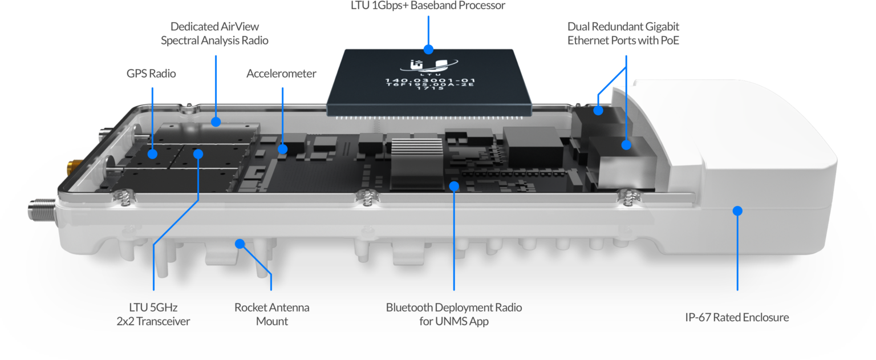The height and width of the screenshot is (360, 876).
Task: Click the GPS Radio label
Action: [x=151, y=74]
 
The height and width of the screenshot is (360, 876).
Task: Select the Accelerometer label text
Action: [x=281, y=74]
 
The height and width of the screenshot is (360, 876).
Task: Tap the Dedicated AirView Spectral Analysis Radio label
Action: [x=214, y=34]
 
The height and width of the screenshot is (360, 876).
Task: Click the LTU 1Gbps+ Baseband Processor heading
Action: [x=428, y=6]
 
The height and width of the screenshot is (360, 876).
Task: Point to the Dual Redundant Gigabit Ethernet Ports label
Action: [x=623, y=34]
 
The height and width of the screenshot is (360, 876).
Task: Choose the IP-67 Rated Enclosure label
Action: [x=737, y=318]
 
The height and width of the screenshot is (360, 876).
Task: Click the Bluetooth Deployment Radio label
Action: [x=453, y=314]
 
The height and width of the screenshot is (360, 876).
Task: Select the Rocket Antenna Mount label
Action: [x=272, y=314]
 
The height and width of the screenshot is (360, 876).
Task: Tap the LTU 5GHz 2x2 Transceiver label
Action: [x=153, y=314]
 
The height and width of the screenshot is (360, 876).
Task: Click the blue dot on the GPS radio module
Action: [x=153, y=154]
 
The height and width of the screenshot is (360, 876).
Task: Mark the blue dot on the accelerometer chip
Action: [x=282, y=149]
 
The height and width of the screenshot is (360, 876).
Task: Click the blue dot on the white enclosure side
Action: [x=737, y=211]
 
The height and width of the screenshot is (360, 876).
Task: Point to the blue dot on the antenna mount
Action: [x=240, y=244]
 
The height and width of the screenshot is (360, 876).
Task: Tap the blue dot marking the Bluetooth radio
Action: [x=454, y=185]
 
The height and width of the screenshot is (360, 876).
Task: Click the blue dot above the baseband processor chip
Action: [x=428, y=48]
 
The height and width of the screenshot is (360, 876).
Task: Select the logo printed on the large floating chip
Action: [x=428, y=66]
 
